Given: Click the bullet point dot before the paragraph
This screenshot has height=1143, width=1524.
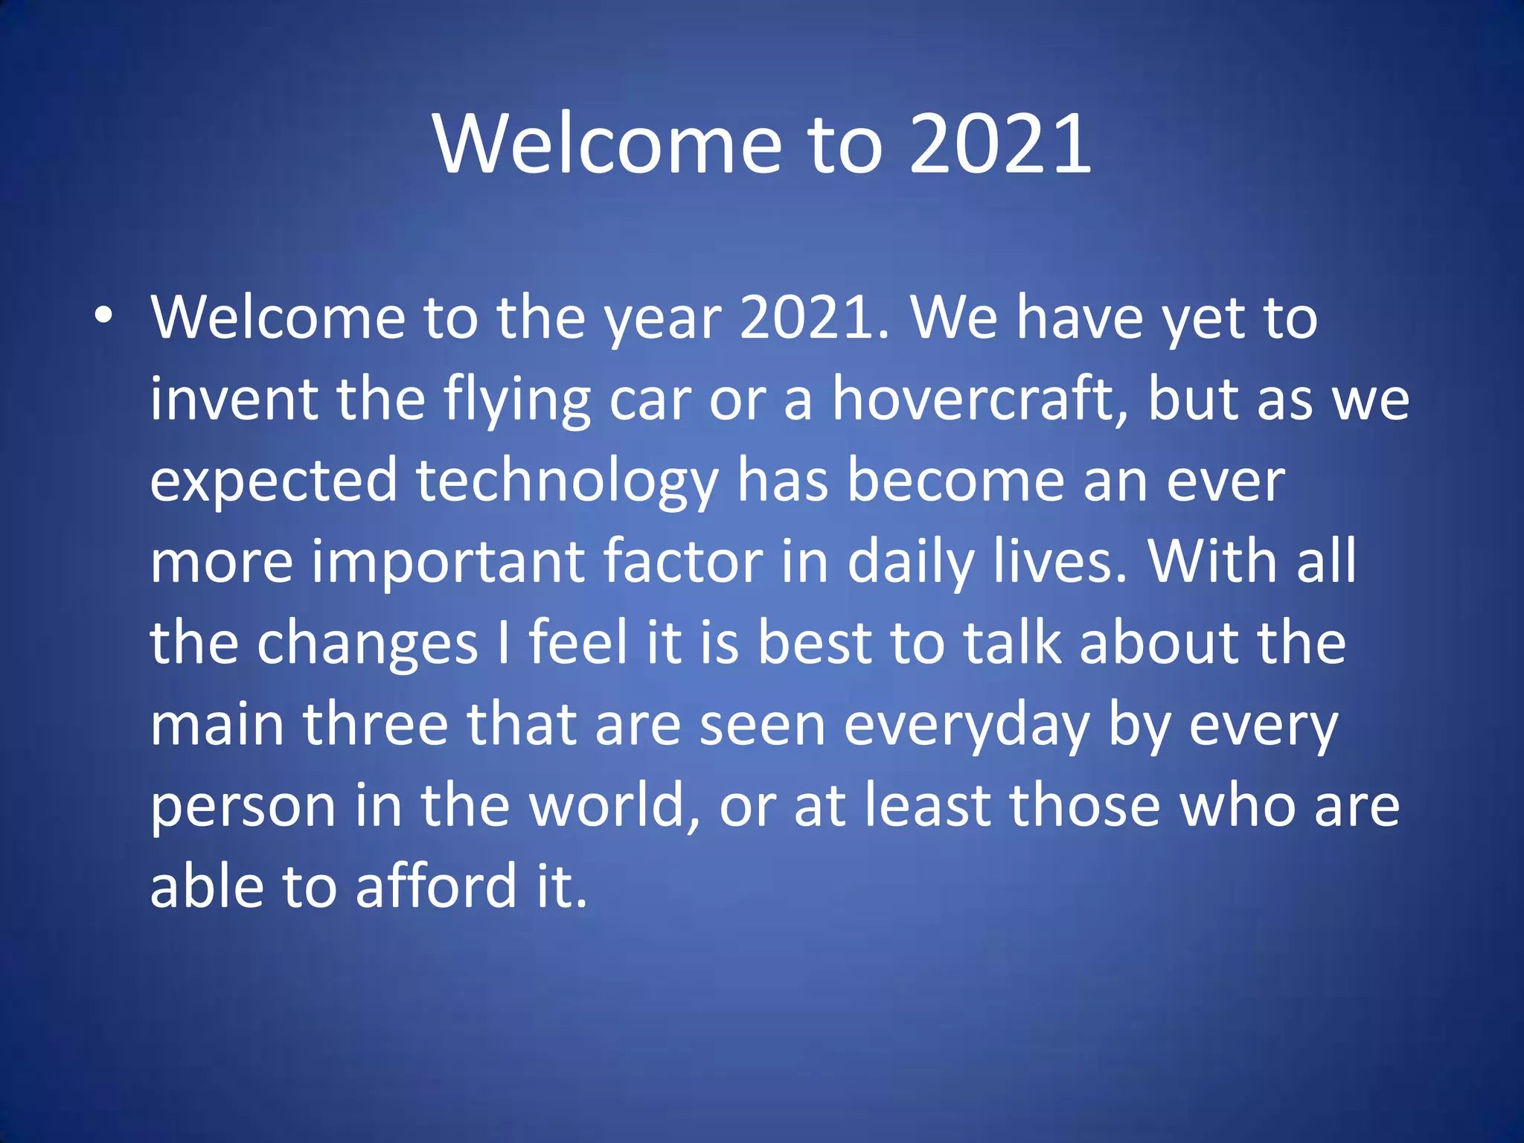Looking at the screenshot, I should [x=103, y=316].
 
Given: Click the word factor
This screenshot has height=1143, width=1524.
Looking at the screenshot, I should [x=682, y=563].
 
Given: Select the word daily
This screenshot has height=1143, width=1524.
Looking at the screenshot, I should [x=911, y=563].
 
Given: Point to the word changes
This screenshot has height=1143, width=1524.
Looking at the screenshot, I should [x=367, y=644].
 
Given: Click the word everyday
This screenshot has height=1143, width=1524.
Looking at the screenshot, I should [x=967, y=726].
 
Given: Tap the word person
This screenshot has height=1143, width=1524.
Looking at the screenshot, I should [x=243, y=807].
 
